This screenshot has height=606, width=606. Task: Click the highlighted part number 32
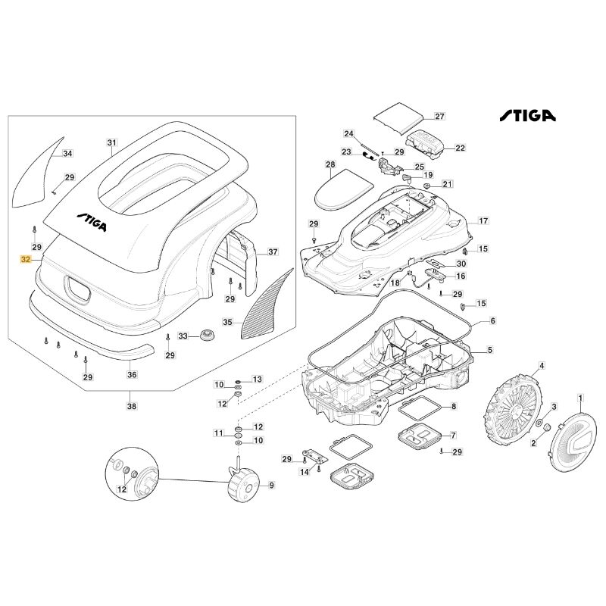[26, 259]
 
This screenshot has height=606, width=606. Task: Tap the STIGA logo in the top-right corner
[527, 116]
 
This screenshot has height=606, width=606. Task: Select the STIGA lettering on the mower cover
[91, 222]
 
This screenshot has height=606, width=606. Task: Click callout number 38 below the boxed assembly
[132, 406]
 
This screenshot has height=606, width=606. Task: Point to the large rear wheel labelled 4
[514, 410]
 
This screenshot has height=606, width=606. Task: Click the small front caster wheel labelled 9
[243, 485]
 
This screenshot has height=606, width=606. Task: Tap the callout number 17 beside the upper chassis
[483, 220]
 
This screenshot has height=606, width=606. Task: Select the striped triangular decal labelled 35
[267, 304]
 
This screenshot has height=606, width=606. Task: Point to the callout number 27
[440, 116]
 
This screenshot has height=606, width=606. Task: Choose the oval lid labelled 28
[344, 190]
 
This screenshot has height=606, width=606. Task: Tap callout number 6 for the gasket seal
[492, 320]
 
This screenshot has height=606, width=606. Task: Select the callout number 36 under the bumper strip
[132, 374]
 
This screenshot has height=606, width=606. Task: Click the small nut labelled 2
[547, 427]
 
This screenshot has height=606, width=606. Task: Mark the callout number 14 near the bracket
[305, 471]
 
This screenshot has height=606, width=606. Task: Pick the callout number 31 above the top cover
[111, 142]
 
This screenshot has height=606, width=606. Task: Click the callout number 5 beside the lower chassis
[489, 350]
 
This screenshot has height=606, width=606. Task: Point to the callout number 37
[273, 251]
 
